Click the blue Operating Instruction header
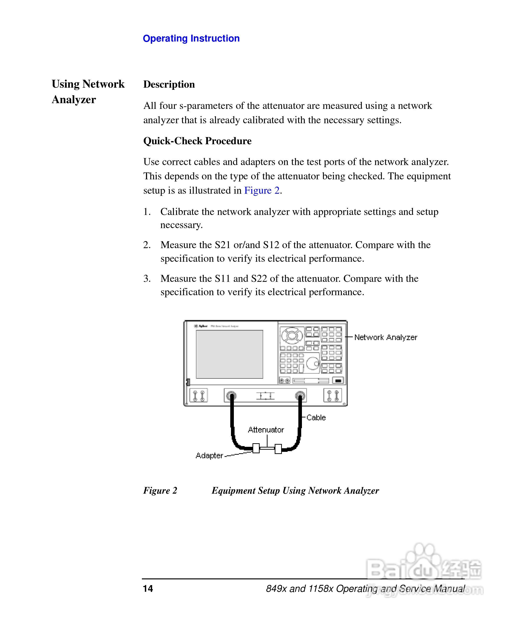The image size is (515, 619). click(x=191, y=38)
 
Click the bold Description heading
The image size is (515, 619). click(x=169, y=84)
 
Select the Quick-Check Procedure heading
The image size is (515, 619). click(x=197, y=141)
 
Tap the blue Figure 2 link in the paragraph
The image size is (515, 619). click(x=262, y=190)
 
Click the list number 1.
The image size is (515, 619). click(x=147, y=212)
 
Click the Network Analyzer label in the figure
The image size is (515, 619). click(x=385, y=337)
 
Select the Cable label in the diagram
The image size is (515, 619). click(x=316, y=417)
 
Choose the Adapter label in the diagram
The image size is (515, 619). click(x=209, y=455)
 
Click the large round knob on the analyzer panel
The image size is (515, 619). click(x=312, y=363)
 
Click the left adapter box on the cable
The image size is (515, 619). click(x=256, y=448)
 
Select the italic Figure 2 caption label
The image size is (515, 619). click(x=160, y=491)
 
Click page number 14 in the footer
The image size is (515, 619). click(x=148, y=588)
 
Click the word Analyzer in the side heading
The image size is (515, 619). click(x=74, y=100)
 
